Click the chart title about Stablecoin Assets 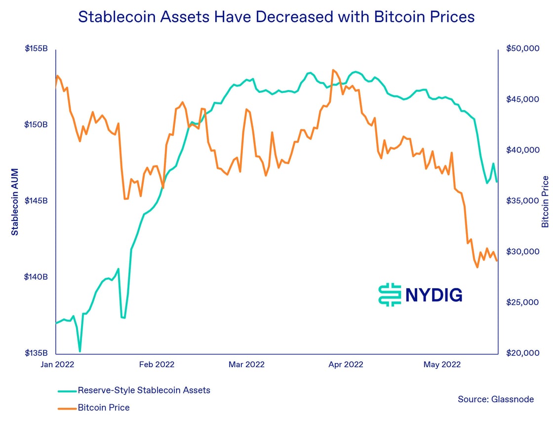pos(276,17)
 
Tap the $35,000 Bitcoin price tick pos(522,201)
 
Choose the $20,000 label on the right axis pos(522,353)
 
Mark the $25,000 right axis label pos(522,302)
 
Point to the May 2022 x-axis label pos(441,365)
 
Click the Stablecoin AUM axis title pos(15,202)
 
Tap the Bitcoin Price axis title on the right pos(545,202)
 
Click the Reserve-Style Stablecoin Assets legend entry pos(144,390)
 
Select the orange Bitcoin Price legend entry pos(104,408)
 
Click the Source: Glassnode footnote pos(496,399)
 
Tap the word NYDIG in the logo pos(434,295)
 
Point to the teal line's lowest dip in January pos(79,351)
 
